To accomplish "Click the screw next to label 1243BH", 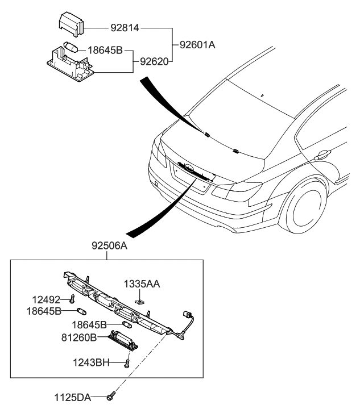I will tap(127, 362).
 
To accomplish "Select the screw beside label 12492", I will tap(73, 299).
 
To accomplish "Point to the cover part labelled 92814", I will tap(71, 26).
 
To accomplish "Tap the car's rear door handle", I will tap(324, 153).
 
